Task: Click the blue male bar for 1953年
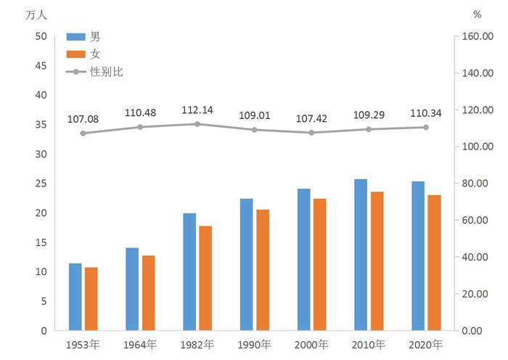tap(75, 297)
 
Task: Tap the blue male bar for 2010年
tap(361, 255)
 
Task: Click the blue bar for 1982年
tap(189, 271)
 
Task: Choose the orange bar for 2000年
tap(319, 264)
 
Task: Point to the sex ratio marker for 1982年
tap(197, 124)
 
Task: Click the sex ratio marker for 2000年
tap(312, 133)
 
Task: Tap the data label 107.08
tap(83, 118)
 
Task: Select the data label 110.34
tap(426, 112)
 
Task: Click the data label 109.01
tap(255, 115)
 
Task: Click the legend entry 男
tap(95, 36)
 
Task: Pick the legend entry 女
tap(95, 54)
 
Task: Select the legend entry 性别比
tap(102, 72)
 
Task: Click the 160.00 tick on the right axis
tap(478, 37)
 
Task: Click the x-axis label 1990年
tap(255, 345)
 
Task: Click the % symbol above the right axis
tap(477, 14)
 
